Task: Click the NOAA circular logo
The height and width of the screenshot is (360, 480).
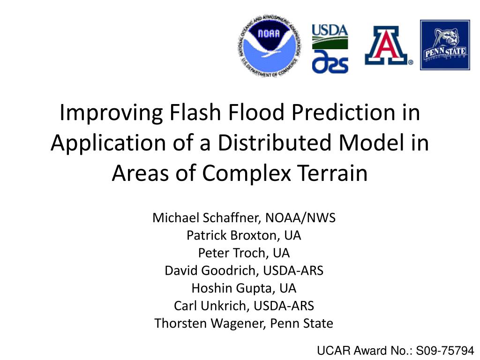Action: pos(269,45)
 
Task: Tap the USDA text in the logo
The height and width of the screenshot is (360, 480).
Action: pos(330,30)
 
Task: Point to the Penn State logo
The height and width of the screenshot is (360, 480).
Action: pos(445,45)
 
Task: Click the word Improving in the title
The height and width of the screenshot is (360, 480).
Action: pos(111,113)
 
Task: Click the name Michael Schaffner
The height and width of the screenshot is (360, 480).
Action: pos(206,217)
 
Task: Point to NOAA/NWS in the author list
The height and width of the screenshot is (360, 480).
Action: pos(300,217)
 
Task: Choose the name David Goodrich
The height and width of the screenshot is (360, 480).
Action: pos(212,270)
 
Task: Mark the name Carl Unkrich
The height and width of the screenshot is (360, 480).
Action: pos(211,306)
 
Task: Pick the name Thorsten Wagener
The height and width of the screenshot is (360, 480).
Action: pos(210,323)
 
